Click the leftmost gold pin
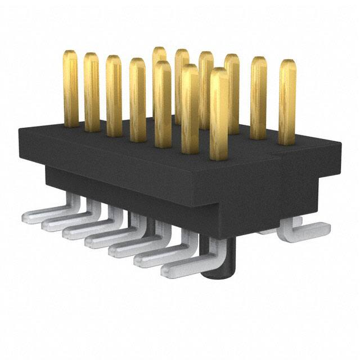coord(70,87)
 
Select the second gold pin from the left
coord(92,93)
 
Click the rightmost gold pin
coord(287,101)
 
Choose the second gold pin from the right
coord(259,97)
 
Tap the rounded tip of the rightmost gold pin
coord(287,62)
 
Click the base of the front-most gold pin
coord(219,156)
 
